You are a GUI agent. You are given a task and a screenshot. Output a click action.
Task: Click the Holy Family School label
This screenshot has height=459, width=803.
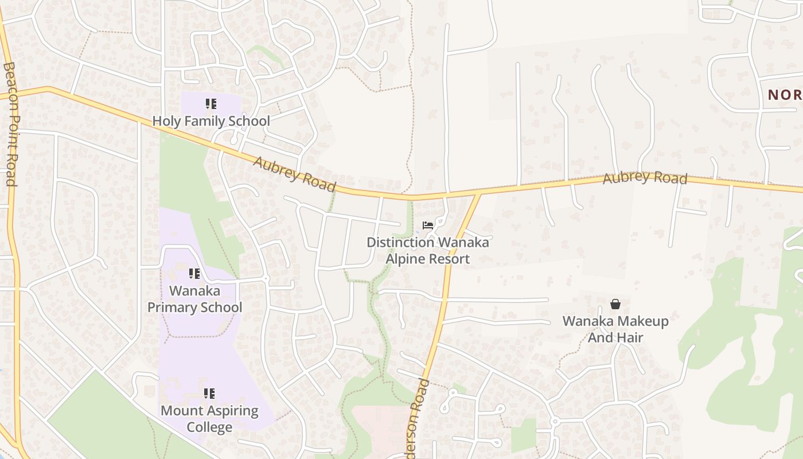pos(211,121)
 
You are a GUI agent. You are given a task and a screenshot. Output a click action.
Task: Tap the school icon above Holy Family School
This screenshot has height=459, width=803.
pos(211,104)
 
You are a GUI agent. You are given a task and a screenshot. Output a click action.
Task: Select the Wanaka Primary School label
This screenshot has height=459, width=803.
pos(194,299)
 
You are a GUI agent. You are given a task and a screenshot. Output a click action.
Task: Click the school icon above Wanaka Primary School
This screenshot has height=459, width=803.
pos(194,274)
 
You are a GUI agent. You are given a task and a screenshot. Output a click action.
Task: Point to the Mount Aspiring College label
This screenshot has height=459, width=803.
pos(209,419)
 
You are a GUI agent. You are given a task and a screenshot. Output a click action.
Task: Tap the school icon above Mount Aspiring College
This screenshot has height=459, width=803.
pos(209,394)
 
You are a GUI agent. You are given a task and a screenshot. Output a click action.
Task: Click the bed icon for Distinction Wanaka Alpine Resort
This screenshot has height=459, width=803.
pos(428,225)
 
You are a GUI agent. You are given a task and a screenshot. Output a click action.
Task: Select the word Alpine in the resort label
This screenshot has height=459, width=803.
pos(406,259)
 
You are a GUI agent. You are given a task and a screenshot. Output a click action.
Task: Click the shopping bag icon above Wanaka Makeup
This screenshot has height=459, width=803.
pos(615,304)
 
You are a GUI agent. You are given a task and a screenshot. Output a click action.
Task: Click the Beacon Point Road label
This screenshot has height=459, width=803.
pos(10,123)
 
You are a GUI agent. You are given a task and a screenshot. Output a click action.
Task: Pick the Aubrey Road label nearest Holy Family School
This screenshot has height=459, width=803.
pos(294,174)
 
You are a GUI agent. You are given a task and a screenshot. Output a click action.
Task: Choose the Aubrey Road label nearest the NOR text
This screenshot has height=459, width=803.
pos(645,178)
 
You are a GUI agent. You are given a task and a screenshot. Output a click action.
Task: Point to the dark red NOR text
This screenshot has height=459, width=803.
pos(785,95)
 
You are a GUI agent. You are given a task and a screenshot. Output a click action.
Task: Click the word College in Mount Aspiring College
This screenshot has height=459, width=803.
pos(209,427)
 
